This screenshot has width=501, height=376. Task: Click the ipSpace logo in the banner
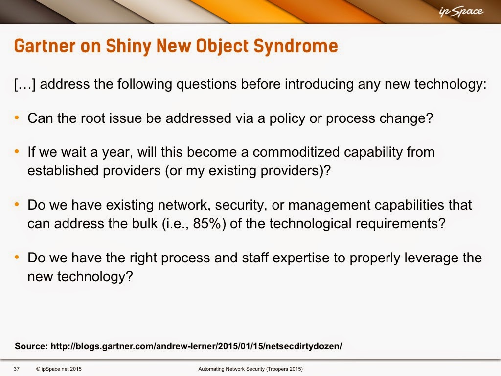[x=461, y=12]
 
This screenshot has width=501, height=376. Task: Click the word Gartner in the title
[x=45, y=46]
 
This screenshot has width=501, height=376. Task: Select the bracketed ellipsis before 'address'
[x=25, y=84]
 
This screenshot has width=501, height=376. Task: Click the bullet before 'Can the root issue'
[x=17, y=118]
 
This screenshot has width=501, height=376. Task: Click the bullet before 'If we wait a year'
[x=17, y=152]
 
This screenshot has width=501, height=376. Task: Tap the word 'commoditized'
[x=296, y=152]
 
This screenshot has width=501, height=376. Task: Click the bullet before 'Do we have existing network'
[x=17, y=204]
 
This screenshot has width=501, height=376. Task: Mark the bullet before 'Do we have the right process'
[x=17, y=257]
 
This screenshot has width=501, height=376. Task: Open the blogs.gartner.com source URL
[x=196, y=346]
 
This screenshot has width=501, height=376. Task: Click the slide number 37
[x=17, y=369]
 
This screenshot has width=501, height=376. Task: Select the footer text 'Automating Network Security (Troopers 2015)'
[x=250, y=369]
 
